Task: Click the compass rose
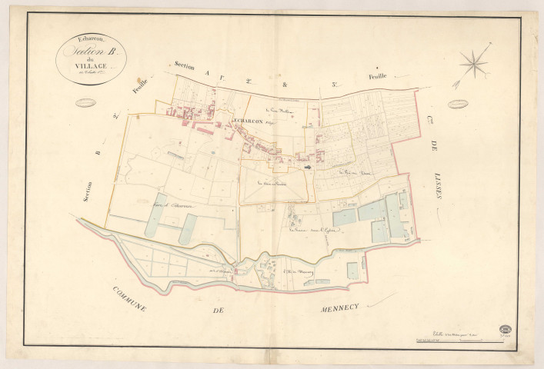473,63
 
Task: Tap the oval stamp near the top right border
460,102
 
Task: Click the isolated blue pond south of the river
352,271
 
